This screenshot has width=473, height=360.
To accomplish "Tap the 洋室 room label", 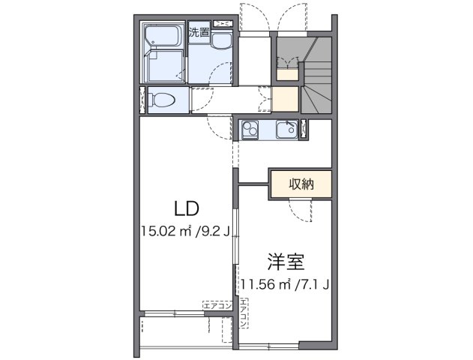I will point(284,262).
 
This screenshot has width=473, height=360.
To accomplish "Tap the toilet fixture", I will point(160,100).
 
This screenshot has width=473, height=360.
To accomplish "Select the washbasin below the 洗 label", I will point(221,44).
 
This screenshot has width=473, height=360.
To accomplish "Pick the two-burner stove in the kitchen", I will point(250,130).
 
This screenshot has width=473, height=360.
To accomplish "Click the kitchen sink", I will point(286,130).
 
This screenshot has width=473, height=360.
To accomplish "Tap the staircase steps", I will point(318,82).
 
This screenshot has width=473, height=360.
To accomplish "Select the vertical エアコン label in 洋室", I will point(243,313).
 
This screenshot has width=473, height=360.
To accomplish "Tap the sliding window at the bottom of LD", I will point(180,313).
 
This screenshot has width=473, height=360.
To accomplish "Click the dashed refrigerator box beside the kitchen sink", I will point(304,130).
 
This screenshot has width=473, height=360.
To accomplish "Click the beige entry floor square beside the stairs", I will point(285,100).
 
